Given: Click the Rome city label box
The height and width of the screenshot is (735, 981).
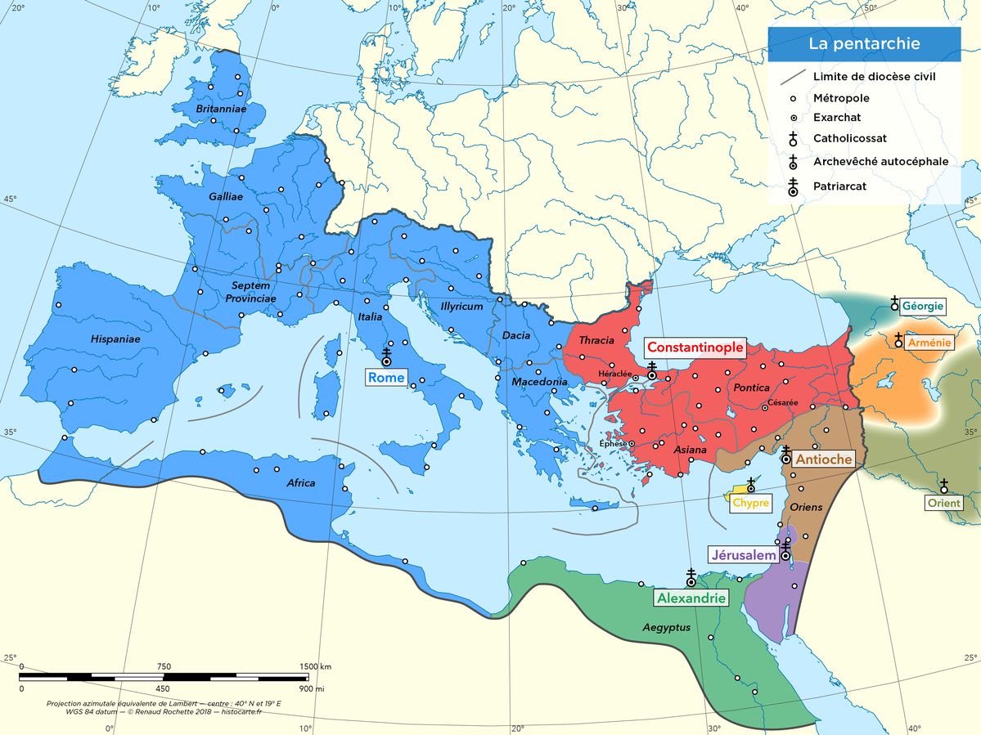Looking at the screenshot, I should (386, 378).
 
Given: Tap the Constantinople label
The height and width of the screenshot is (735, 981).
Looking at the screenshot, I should (695, 347).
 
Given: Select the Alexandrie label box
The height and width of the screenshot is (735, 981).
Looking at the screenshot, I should (691, 598).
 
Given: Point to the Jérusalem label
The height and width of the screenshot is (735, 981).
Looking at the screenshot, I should (743, 555).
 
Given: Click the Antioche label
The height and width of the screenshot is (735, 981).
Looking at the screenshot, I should (824, 459).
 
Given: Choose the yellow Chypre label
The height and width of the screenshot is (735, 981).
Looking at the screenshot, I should (750, 503).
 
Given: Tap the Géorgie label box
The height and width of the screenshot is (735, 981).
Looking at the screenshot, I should (924, 307).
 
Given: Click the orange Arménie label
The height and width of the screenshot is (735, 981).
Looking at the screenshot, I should (929, 343).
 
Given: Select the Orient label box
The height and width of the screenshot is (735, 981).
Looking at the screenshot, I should (943, 503).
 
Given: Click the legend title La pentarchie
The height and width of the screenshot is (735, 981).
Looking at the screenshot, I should (864, 44).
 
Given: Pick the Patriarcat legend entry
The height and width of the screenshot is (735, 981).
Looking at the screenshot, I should (839, 186).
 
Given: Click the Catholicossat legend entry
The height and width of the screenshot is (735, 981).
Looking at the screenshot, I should (849, 139).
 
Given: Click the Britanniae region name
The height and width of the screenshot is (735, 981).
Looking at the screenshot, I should (220, 108).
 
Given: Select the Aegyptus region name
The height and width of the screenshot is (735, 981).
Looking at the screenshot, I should (666, 627).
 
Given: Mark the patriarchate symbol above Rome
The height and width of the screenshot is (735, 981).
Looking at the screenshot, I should (386, 357).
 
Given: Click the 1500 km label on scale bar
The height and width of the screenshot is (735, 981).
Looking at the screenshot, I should (315, 666).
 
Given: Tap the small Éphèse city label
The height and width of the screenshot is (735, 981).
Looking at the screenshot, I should (613, 443).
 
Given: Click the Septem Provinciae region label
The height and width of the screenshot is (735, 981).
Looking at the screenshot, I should (250, 292).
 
